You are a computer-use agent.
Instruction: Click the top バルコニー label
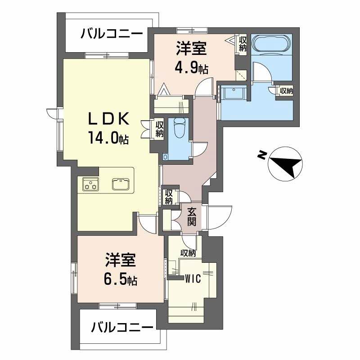point(112,34)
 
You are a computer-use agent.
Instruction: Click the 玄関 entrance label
point(192,216)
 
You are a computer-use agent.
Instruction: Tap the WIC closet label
point(192,279)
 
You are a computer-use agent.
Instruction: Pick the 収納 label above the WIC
point(189,253)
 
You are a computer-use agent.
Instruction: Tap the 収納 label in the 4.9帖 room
point(243,43)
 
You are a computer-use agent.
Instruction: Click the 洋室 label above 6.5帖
point(121,261)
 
